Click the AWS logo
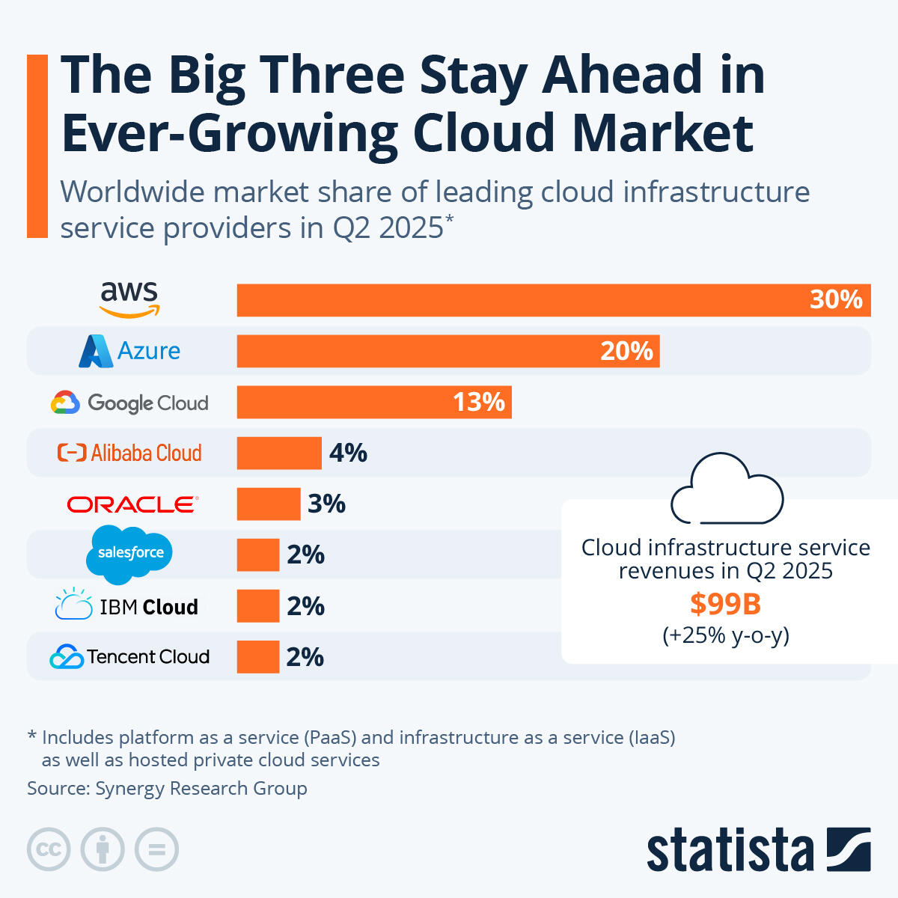tap(129, 299)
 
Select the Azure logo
tap(129, 351)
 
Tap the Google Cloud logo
tap(129, 403)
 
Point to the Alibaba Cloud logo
tap(129, 453)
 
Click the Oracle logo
tap(132, 504)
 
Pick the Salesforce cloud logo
tap(129, 554)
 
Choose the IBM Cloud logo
tap(127, 605)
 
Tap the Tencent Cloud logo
tap(129, 656)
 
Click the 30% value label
tap(836, 300)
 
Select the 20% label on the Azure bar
tap(626, 351)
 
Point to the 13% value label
tap(479, 403)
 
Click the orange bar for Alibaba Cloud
tap(278, 453)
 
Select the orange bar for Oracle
tap(268, 504)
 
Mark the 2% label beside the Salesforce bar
tap(305, 555)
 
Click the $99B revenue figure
tap(725, 603)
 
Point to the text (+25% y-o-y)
tap(725, 635)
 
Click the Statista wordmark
tap(730, 850)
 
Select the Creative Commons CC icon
tap(49, 849)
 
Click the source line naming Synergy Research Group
tap(167, 788)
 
